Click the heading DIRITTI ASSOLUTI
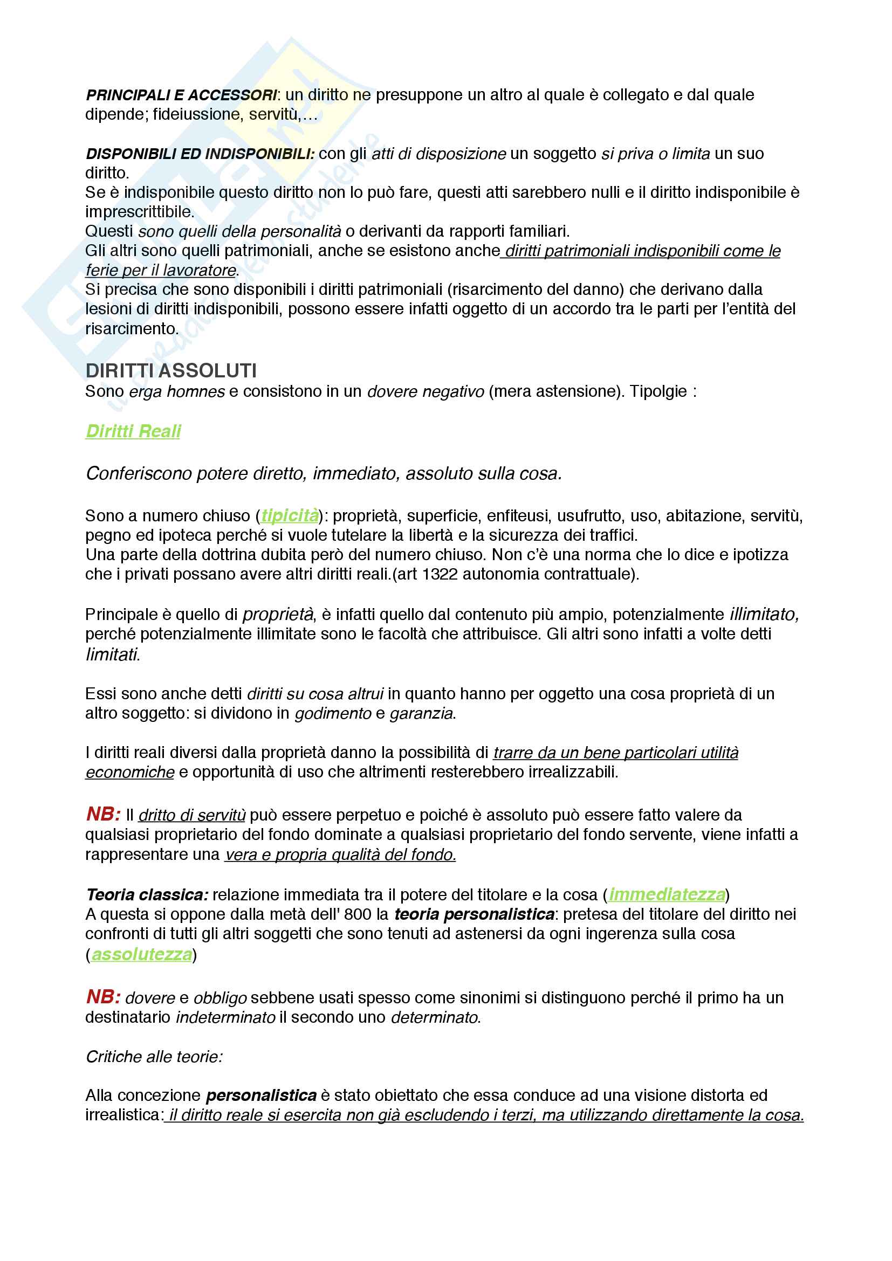tap(171, 371)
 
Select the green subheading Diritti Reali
tap(133, 431)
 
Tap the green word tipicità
tap(290, 516)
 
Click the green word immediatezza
tap(667, 895)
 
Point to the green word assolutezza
tap(142, 955)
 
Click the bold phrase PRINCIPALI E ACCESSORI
tap(181, 95)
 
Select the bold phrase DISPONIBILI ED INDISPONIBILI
tap(200, 154)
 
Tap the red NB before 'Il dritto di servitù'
tap(102, 814)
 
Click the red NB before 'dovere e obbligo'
tap(102, 997)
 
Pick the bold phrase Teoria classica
tap(147, 895)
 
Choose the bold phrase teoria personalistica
tap(474, 914)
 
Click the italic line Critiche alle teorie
tap(154, 1057)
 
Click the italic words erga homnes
tap(177, 391)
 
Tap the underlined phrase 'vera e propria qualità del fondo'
tap(340, 855)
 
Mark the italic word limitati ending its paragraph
tap(112, 654)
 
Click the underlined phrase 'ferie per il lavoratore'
tap(161, 270)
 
